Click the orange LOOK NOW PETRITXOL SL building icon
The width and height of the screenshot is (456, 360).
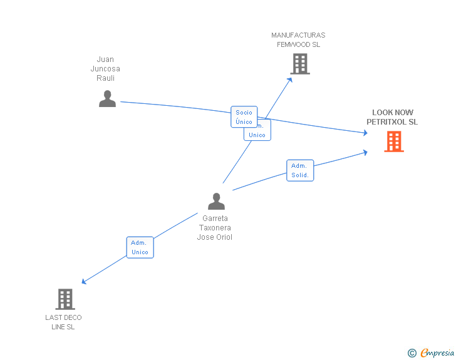click(x=393, y=141)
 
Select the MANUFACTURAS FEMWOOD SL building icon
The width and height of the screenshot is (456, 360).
click(x=299, y=64)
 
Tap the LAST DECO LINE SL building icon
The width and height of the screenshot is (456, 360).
click(x=65, y=299)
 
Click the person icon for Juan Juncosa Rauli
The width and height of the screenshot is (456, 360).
click(x=107, y=99)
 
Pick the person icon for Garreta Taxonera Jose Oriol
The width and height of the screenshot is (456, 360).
click(x=216, y=202)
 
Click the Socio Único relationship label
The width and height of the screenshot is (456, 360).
click(x=244, y=117)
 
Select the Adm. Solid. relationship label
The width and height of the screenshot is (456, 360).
click(x=300, y=170)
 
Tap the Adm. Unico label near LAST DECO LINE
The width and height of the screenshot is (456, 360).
click(x=140, y=247)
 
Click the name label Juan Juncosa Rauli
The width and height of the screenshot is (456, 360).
click(x=105, y=69)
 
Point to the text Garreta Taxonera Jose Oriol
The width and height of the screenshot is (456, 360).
click(x=215, y=228)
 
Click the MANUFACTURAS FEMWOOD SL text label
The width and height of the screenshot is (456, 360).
click(x=298, y=40)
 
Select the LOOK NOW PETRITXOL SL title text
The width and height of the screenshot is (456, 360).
click(x=392, y=117)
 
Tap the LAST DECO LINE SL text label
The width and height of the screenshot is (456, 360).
click(x=63, y=322)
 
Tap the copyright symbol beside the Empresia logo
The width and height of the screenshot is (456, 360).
click(x=412, y=354)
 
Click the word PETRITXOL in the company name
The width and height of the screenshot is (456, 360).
click(x=392, y=122)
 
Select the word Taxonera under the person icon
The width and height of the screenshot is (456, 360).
click(x=215, y=228)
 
